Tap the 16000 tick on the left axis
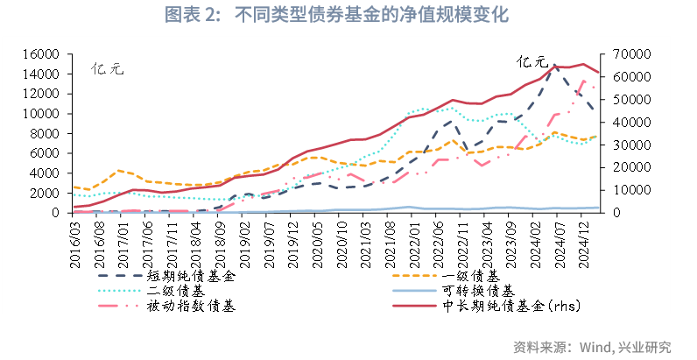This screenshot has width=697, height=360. [40, 54]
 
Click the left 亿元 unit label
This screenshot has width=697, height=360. [109, 68]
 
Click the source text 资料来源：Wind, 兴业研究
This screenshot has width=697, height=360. [592, 346]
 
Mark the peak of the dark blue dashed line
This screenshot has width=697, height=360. [553, 65]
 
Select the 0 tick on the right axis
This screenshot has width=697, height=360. [610, 213]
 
